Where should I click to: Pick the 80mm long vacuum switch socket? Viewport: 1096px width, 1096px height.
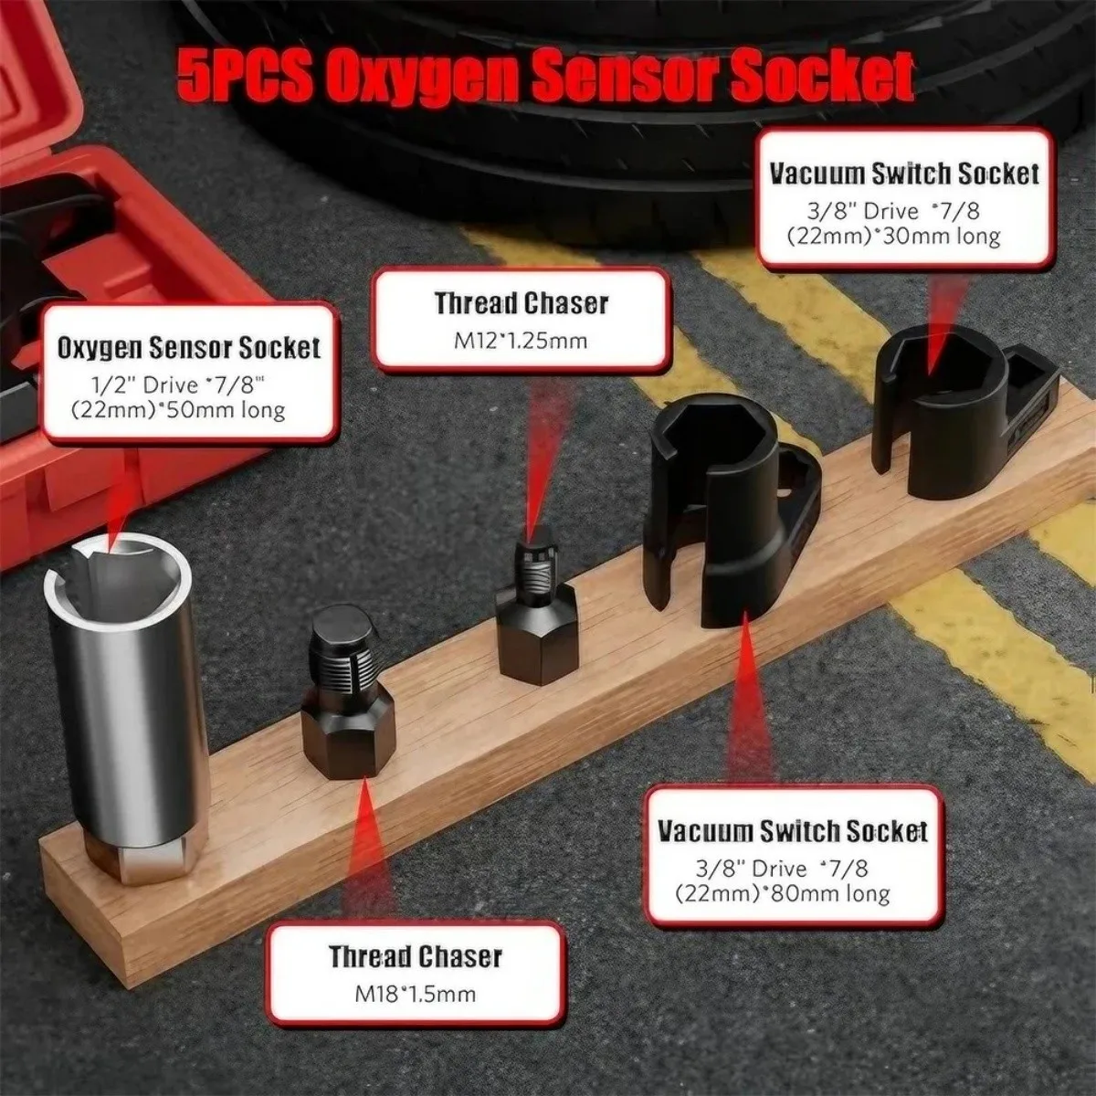(x=731, y=511)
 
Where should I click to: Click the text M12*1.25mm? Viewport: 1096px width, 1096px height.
(x=520, y=341)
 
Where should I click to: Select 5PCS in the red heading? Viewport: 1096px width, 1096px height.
(x=247, y=77)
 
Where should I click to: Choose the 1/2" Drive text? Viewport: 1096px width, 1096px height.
(x=144, y=385)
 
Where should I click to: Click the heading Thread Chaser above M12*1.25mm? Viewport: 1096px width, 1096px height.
(x=521, y=303)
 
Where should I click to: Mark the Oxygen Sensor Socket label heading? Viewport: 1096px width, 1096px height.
(x=189, y=348)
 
